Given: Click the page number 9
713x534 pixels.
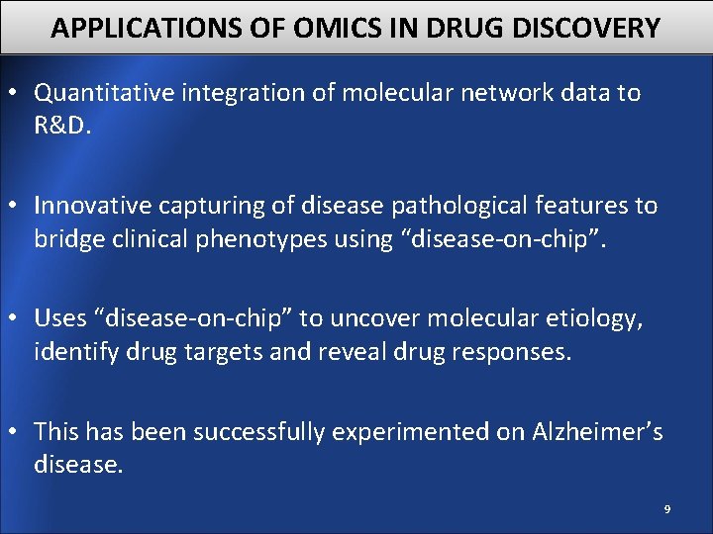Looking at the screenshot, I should click(666, 509).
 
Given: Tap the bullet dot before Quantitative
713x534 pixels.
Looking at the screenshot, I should click(17, 94).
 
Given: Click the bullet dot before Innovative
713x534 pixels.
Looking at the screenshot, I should click(17, 207).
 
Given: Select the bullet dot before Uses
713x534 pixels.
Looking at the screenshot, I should click(17, 319).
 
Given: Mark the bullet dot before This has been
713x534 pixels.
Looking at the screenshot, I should click(17, 433).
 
